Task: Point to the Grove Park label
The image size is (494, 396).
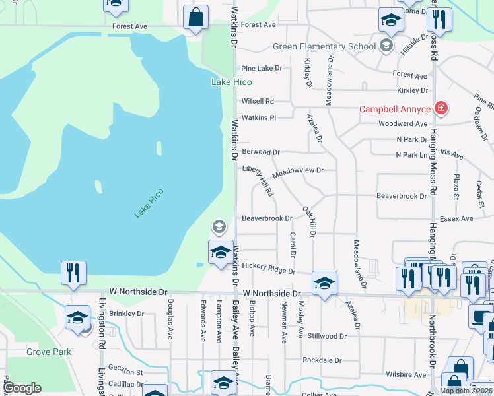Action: tap(49, 352)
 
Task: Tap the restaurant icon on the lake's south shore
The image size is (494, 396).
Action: tap(73, 273)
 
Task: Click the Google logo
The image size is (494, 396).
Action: tap(22, 388)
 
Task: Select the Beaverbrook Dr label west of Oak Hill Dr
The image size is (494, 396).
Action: tap(267, 218)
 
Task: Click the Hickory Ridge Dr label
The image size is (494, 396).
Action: tap(267, 271)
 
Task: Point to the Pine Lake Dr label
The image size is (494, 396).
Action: tap(262, 68)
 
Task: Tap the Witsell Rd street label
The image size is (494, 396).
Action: tap(258, 101)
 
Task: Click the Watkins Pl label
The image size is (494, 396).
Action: tap(258, 117)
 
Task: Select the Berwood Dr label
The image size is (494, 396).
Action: tap(261, 152)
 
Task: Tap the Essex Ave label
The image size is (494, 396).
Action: tap(457, 218)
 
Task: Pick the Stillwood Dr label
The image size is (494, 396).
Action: tap(326, 336)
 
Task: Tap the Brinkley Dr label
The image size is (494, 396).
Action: tap(126, 313)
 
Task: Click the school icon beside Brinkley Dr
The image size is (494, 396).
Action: tap(77, 317)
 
